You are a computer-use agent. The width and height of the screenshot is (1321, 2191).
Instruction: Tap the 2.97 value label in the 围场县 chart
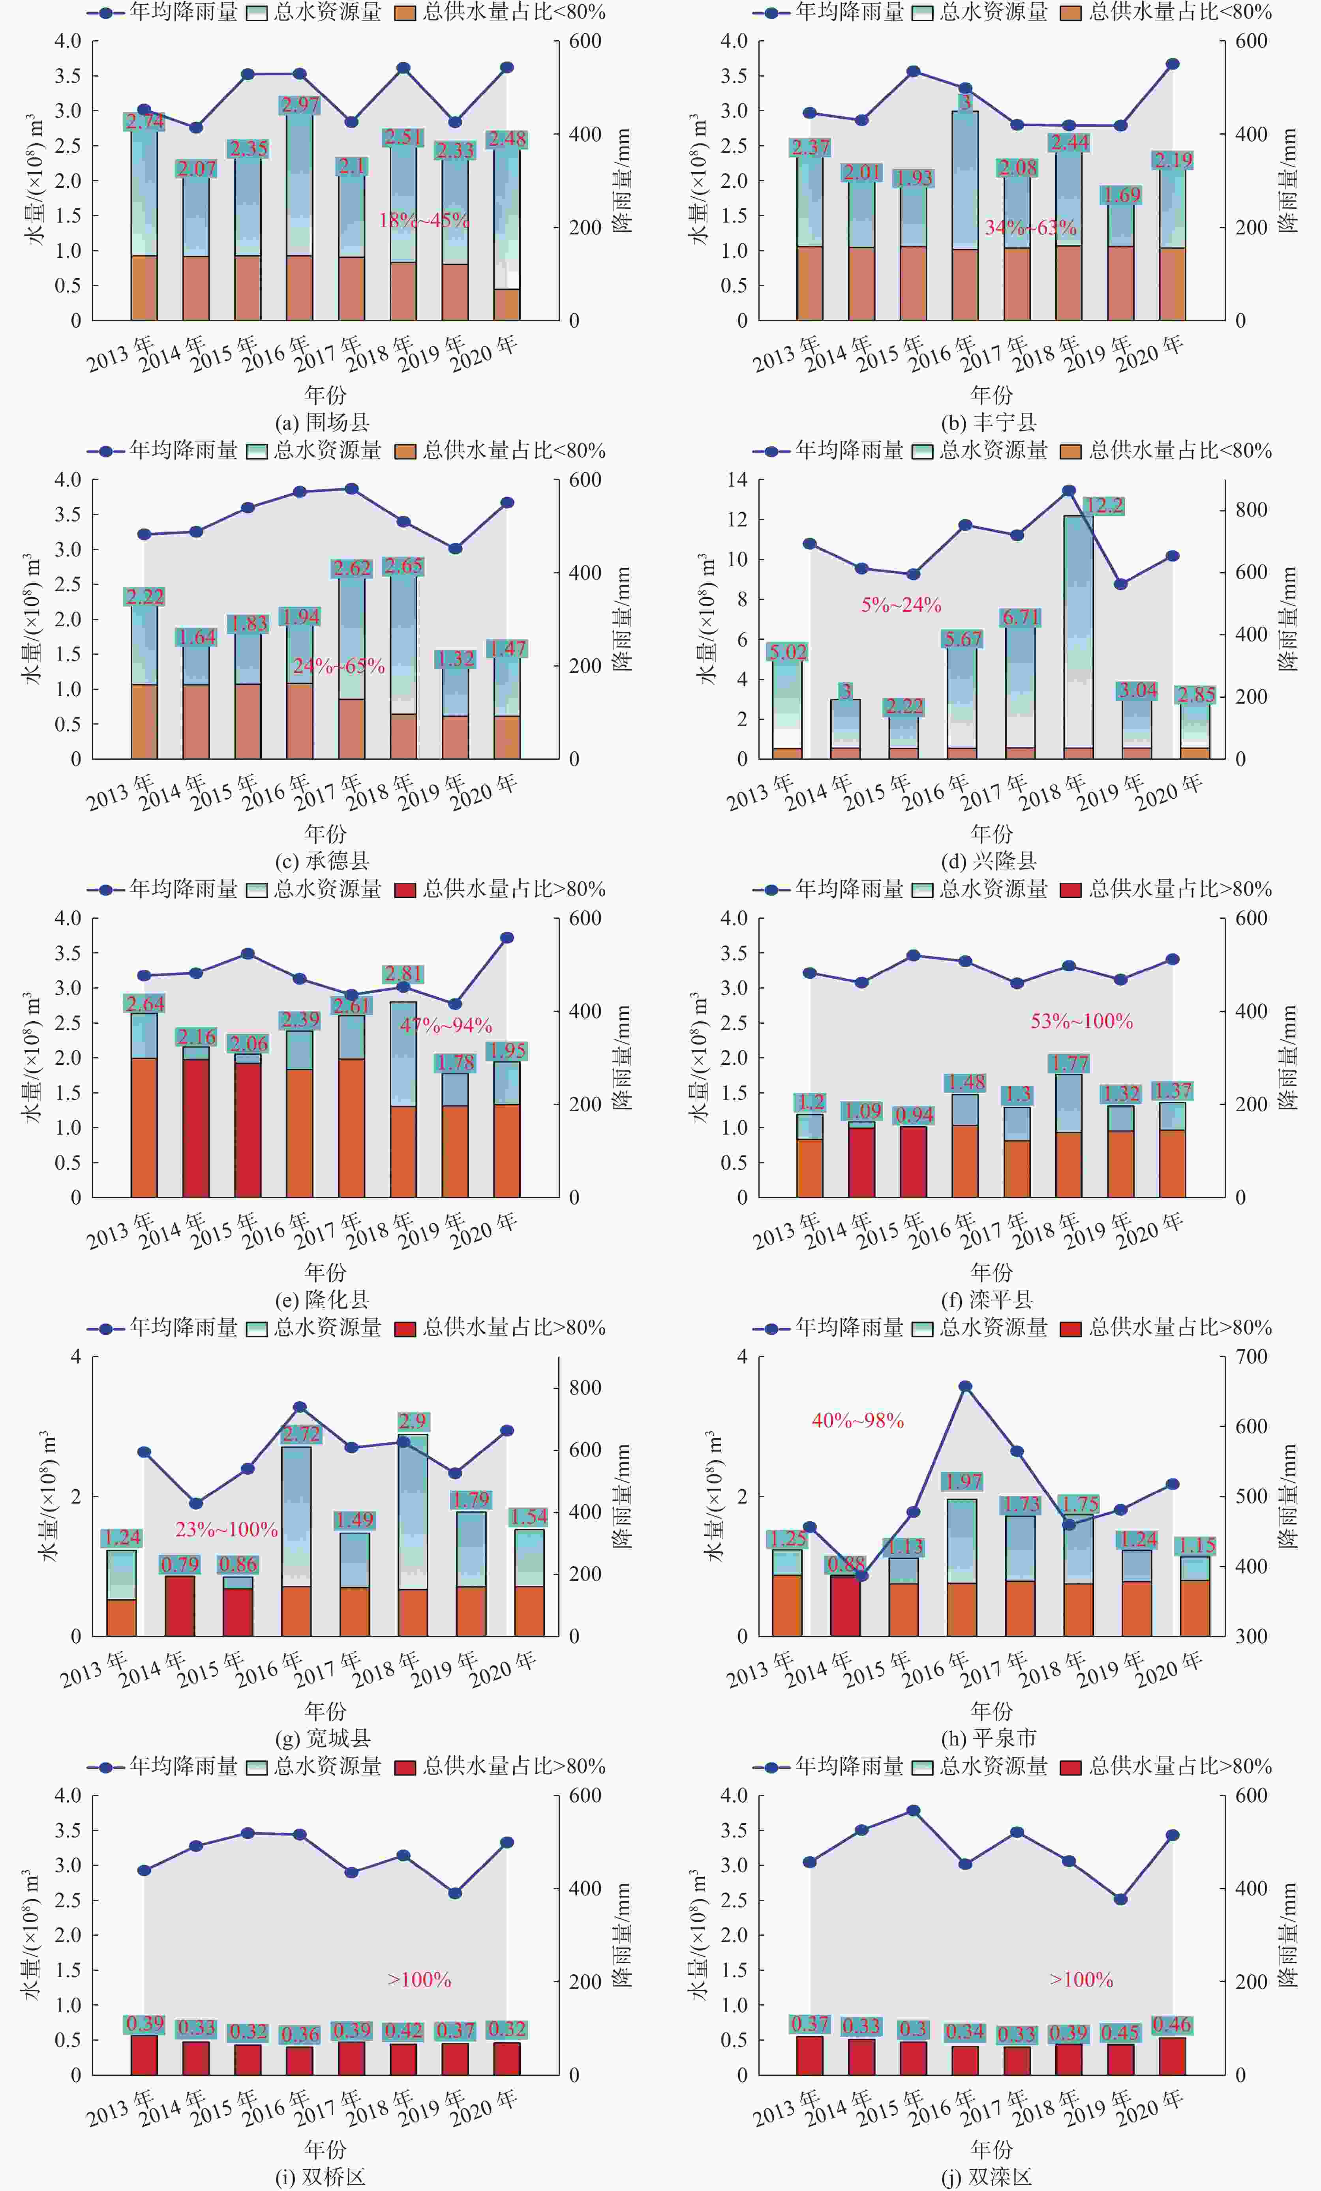click(x=300, y=105)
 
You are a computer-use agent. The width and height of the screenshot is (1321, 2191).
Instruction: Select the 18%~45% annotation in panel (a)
click(x=424, y=220)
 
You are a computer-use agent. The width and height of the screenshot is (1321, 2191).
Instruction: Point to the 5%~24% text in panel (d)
click(x=901, y=605)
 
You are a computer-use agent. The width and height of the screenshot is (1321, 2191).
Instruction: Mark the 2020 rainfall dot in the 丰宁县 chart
click(x=1173, y=64)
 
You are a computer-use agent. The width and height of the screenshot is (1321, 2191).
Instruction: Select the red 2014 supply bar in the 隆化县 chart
click(x=196, y=1127)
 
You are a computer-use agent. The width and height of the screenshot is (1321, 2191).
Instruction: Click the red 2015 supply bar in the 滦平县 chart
click(x=914, y=1161)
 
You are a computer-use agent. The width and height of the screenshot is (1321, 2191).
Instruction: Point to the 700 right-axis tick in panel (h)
click(x=1251, y=1357)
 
